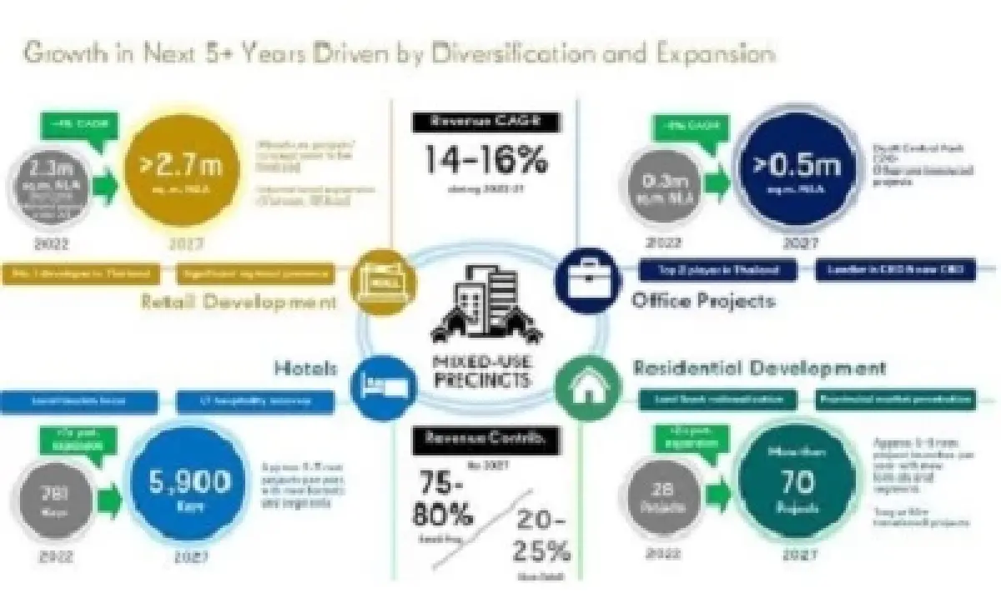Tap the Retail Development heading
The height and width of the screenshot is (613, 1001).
pyautogui.click(x=239, y=301)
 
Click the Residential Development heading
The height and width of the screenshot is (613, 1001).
pyautogui.click(x=759, y=367)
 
